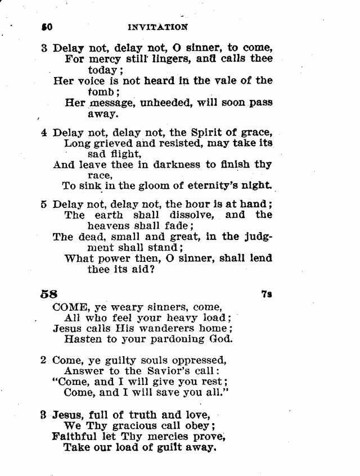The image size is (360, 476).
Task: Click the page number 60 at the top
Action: click(x=47, y=26)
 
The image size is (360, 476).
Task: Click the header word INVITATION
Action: click(x=157, y=26)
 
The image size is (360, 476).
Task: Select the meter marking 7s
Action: click(x=267, y=294)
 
